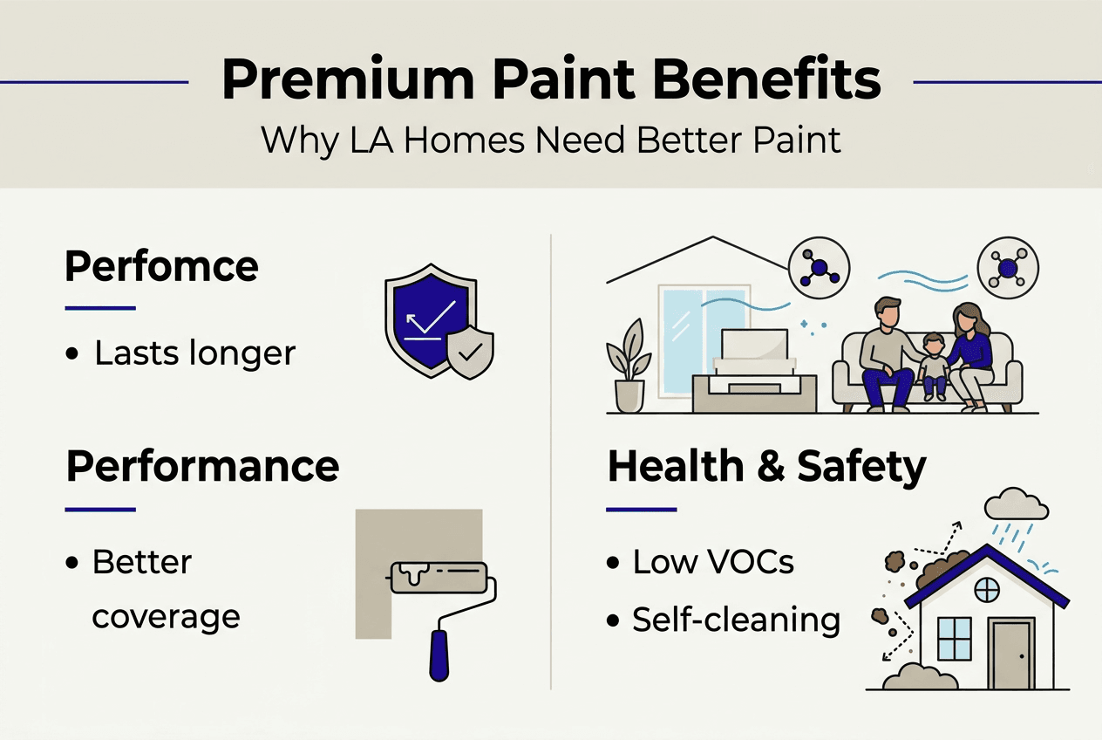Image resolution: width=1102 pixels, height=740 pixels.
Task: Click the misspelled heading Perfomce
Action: pyautogui.click(x=161, y=266)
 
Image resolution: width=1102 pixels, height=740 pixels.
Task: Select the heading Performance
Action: pyautogui.click(x=202, y=467)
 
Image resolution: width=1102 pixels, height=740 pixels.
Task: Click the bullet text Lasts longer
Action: pyautogui.click(x=194, y=353)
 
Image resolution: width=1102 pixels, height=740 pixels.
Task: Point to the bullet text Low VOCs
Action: pyautogui.click(x=713, y=562)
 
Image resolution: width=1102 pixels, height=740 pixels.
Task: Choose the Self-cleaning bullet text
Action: pyautogui.click(x=736, y=620)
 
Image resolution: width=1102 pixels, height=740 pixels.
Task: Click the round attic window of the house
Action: pyautogui.click(x=987, y=590)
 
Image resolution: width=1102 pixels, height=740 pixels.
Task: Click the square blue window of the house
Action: pyautogui.click(x=954, y=639)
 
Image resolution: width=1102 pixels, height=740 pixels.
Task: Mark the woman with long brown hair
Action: pyautogui.click(x=972, y=349)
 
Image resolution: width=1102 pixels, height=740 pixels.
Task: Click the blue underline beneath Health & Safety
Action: pyautogui.click(x=641, y=509)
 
